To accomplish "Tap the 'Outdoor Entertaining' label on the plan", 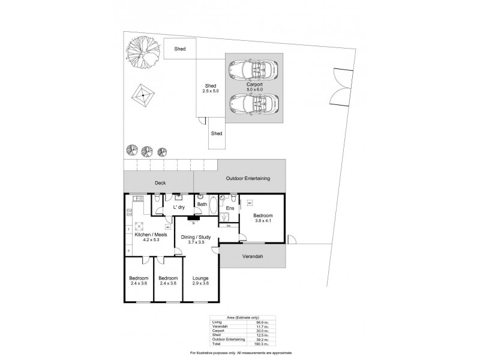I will pyautogui.click(x=248, y=179).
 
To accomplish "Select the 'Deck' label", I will pyautogui.click(x=160, y=183).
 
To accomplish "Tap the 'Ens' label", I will pyautogui.click(x=230, y=208).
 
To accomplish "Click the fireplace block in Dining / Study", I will pyautogui.click(x=193, y=218).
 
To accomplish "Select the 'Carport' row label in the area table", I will pyautogui.click(x=218, y=330).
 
